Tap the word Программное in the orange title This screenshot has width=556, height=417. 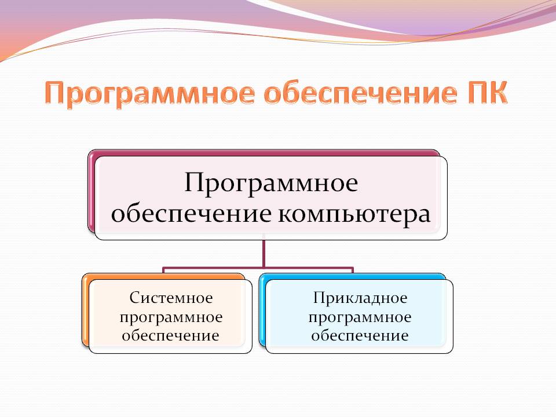tap(149, 94)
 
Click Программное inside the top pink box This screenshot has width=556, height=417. tap(271, 184)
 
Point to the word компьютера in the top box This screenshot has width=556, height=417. tap(354, 215)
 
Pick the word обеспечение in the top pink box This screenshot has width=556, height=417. tap(192, 214)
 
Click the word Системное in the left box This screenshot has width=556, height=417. tap(171, 298)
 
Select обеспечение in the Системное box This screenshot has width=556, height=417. tap(170, 335)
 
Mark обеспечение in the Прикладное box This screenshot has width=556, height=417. tap(360, 335)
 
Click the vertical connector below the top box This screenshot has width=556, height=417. tap(264, 253)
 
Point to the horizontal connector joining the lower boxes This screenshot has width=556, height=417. tap(258, 268)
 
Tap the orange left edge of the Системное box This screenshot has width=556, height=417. tap(85, 310)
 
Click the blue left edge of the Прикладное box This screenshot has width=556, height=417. tap(262, 310)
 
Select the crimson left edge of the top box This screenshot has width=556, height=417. tap(91, 192)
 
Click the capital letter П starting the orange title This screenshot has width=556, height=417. tap(56, 93)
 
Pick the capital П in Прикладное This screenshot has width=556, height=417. tap(320, 298)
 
